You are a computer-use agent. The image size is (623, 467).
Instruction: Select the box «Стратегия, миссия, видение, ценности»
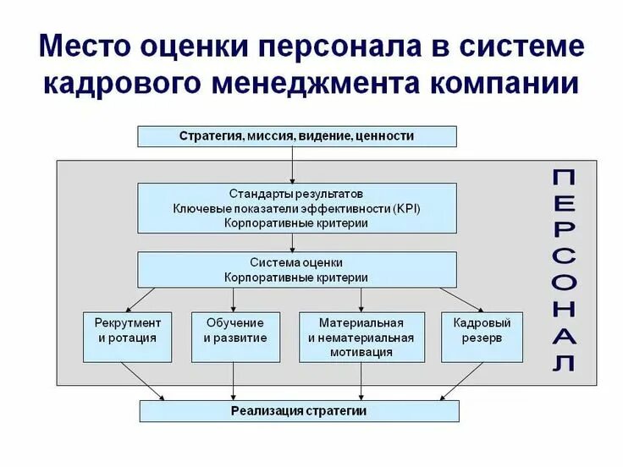click(296, 135)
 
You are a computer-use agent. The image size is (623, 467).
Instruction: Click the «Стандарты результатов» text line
click(296, 193)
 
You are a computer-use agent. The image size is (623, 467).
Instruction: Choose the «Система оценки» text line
click(296, 262)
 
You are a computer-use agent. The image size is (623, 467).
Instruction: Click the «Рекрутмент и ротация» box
click(128, 330)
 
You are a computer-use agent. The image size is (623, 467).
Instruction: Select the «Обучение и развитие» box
click(234, 330)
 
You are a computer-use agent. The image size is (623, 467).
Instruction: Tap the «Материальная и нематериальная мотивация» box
click(361, 337)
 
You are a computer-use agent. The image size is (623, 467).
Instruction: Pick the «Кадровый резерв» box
click(482, 330)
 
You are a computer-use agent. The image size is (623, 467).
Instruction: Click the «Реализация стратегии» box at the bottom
click(298, 411)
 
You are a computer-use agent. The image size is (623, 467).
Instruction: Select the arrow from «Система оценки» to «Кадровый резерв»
click(461, 299)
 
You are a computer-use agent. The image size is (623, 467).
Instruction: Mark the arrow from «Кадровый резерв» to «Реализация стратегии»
click(461, 381)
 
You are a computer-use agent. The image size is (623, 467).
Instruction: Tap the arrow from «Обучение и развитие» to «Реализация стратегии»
click(234, 381)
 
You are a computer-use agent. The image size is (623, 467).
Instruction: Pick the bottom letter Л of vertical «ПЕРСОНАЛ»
click(565, 363)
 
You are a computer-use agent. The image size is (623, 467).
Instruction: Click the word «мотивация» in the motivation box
click(361, 352)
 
